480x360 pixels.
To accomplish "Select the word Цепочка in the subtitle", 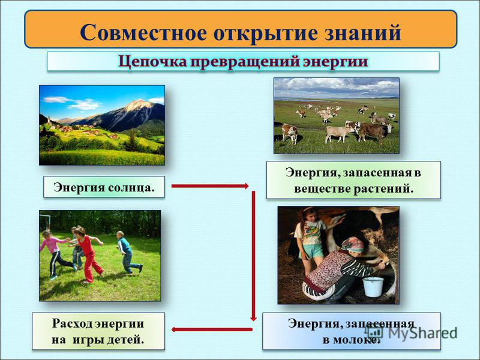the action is [152, 62].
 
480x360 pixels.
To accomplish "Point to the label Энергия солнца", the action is [104, 187].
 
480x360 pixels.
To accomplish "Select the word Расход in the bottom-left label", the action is [71, 324].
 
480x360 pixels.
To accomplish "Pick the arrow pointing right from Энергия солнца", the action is [209, 186].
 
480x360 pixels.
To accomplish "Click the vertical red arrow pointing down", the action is [253, 256].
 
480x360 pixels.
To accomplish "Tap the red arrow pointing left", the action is [212, 329].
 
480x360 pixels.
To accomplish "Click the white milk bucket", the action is [373, 287].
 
